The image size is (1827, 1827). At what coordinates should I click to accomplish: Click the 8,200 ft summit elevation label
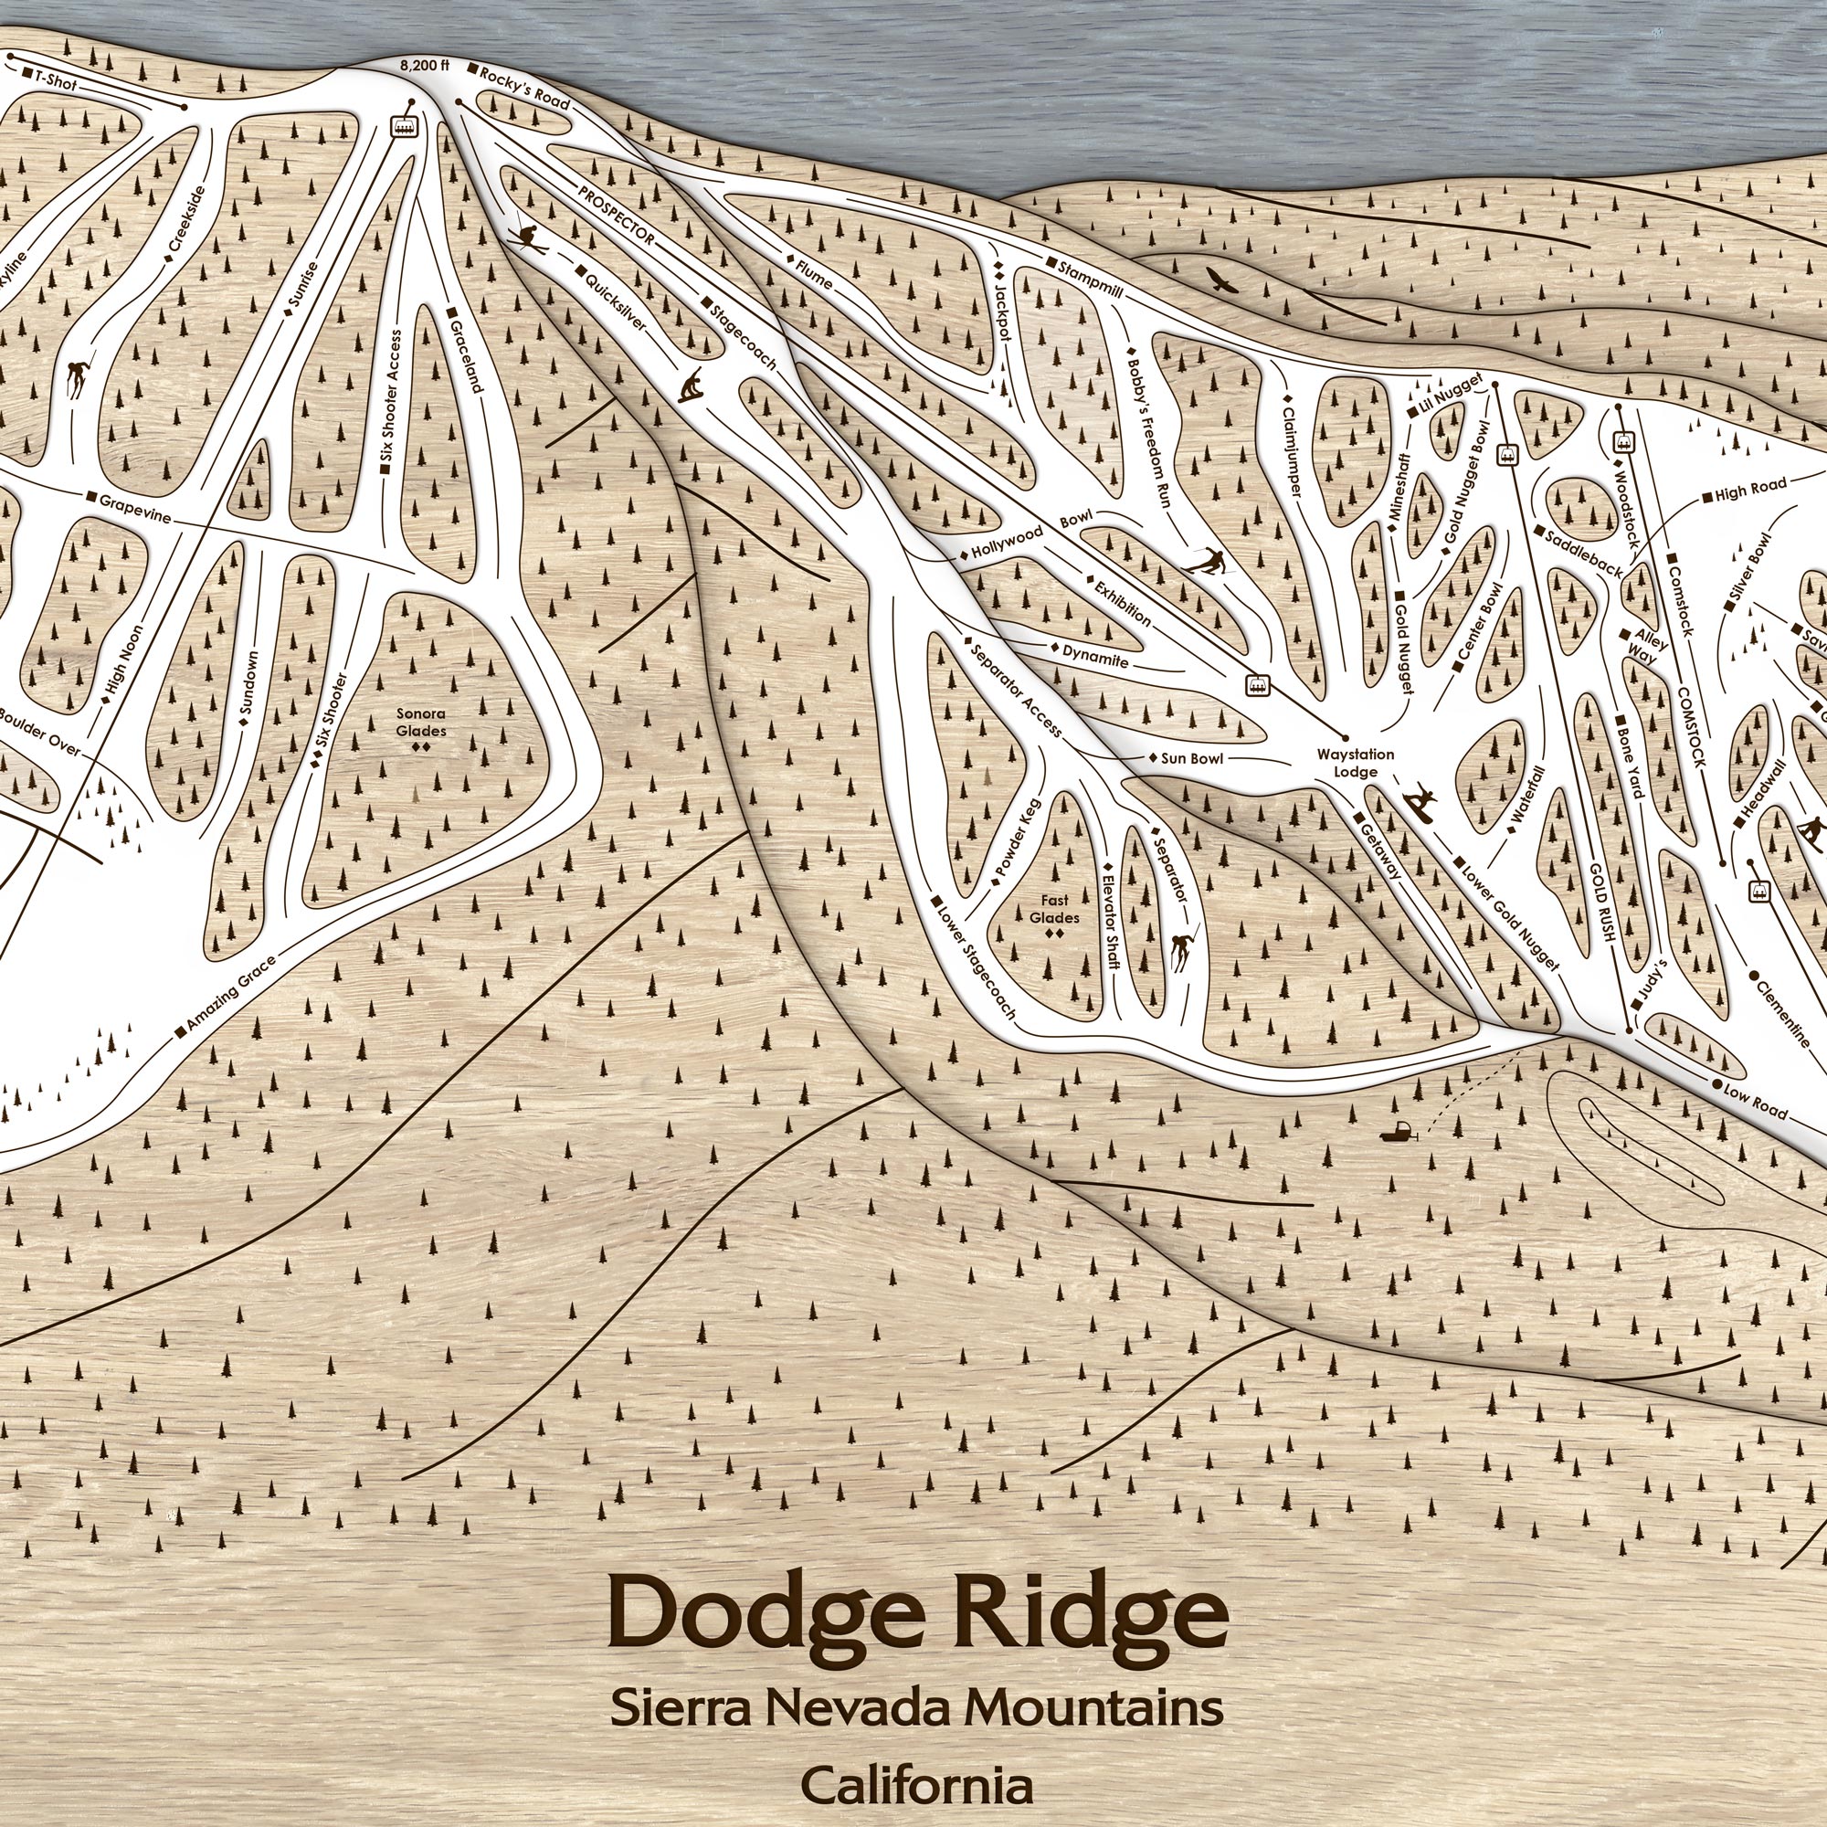[423, 66]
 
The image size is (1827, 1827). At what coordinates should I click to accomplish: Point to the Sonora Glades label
[421, 723]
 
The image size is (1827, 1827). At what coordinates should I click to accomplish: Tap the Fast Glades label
[1054, 910]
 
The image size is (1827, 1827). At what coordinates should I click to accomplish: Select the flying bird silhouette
[1220, 279]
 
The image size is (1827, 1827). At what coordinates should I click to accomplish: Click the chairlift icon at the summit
[405, 124]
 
